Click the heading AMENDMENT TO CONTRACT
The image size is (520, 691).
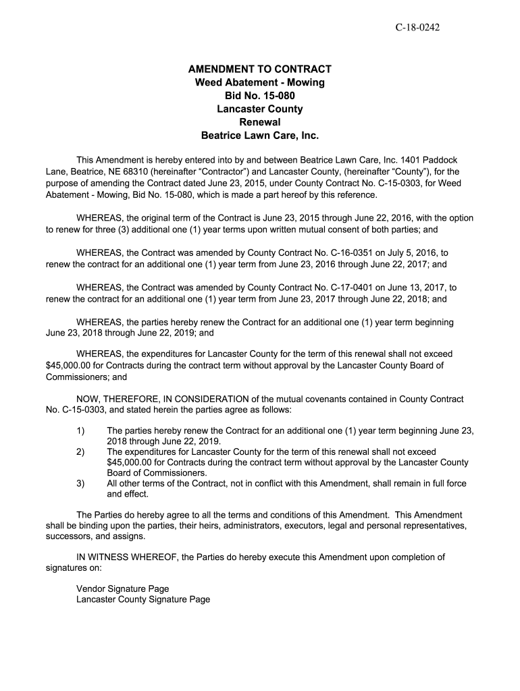pos(259,69)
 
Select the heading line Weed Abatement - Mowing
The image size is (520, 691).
pos(259,82)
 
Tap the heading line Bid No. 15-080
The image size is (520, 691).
pos(259,96)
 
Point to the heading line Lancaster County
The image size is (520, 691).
pos(259,109)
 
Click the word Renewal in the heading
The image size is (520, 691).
pos(259,122)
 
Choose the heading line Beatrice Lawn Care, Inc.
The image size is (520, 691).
pos(259,135)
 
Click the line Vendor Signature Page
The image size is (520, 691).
pos(122,588)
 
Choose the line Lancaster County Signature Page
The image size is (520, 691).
pos(143,599)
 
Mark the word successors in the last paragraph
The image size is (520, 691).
pos(68,537)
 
